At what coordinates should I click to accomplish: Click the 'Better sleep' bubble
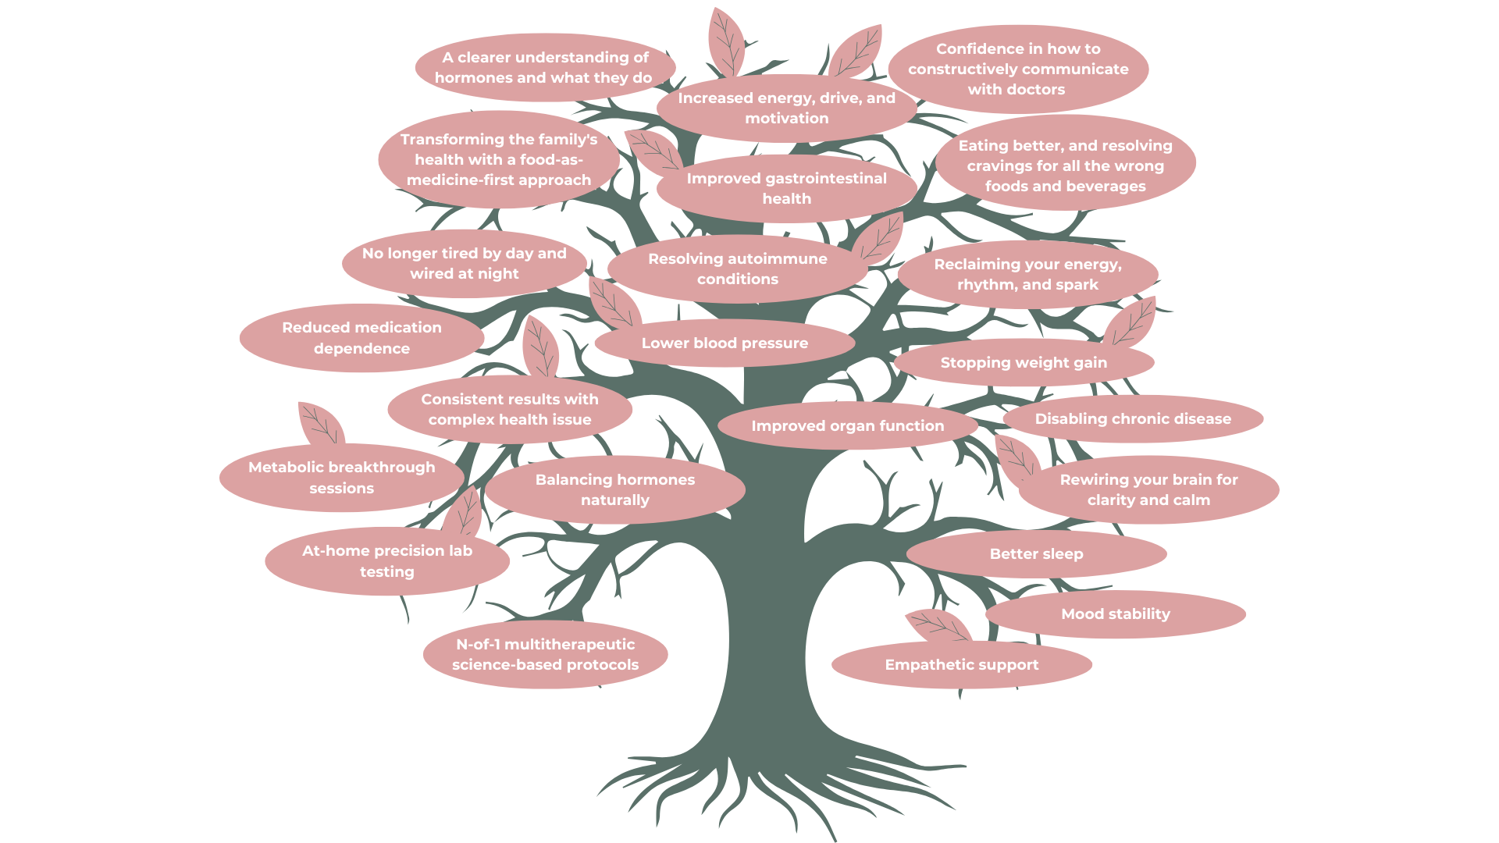(1036, 554)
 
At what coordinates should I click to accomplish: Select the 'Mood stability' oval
(1115, 614)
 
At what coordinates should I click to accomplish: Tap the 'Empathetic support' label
(961, 665)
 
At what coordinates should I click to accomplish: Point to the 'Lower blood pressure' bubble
(725, 343)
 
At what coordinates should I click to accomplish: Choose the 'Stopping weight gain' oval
(1023, 363)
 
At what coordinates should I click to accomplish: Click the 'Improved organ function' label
(847, 426)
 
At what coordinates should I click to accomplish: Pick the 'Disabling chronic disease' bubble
(1132, 419)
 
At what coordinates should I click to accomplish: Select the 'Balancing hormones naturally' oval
(614, 490)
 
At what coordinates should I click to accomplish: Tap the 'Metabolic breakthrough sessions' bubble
(341, 478)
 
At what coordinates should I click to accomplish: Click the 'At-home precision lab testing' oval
(386, 561)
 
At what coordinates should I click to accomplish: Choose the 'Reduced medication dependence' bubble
(361, 338)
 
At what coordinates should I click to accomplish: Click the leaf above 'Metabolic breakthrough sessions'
(320, 425)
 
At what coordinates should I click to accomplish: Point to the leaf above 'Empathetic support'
(939, 626)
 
